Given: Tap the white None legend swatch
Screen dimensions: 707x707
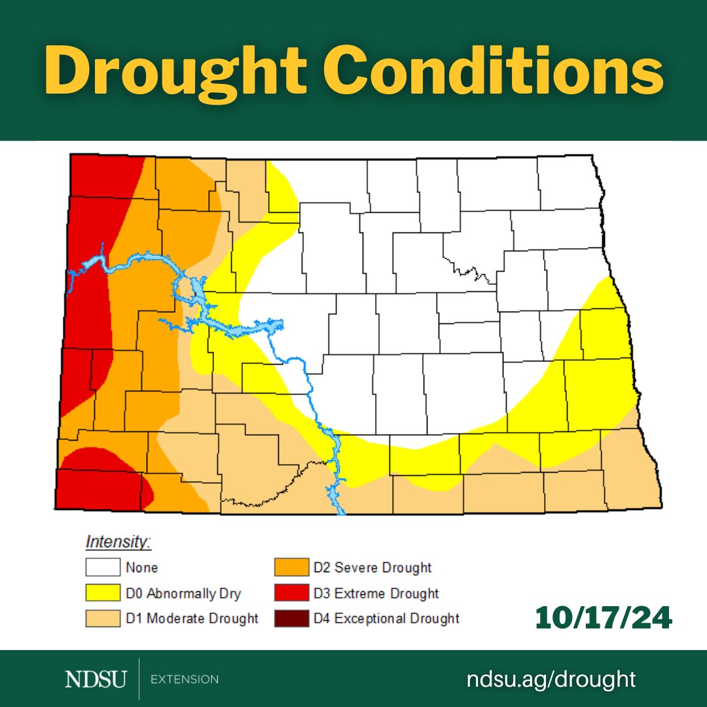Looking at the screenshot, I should [103, 568].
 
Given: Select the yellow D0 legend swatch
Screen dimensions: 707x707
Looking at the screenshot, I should [103, 593].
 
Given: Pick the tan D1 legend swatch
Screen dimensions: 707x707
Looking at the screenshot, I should [103, 618].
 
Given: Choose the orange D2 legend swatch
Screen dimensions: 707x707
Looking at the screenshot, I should [291, 568].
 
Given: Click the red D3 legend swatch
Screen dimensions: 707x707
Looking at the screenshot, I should [291, 593].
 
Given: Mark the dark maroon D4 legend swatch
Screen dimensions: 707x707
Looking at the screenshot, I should [291, 618].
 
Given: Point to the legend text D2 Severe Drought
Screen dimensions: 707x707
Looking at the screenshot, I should [373, 568].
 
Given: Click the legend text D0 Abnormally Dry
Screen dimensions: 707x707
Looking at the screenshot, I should [183, 594].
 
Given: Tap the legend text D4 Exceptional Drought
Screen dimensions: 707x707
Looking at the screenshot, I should [387, 618].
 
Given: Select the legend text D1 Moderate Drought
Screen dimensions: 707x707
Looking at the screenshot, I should [192, 618].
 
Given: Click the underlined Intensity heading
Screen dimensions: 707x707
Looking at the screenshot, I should [118, 543].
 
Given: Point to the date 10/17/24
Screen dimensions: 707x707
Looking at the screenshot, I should [603, 619].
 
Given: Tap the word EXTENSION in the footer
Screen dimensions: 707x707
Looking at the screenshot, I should [185, 680].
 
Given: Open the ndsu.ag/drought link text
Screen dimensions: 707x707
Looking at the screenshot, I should [551, 679].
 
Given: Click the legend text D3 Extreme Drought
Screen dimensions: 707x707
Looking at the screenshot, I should [376, 594].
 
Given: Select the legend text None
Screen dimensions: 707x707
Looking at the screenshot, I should [142, 568].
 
